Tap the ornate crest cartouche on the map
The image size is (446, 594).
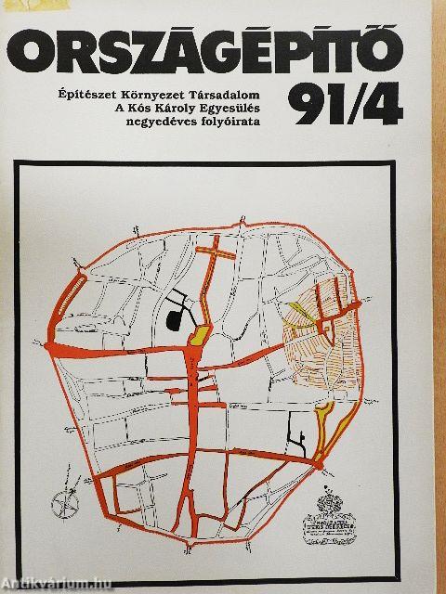[332, 511]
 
